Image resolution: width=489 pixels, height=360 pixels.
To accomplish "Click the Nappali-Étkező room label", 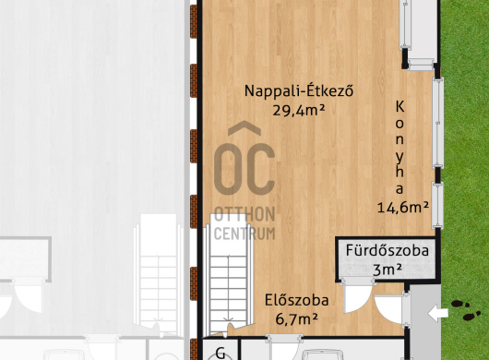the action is [x=299, y=90].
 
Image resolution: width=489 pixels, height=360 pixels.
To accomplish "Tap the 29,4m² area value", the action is [x=299, y=110].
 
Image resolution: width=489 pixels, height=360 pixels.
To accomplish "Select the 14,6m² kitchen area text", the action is [x=403, y=207].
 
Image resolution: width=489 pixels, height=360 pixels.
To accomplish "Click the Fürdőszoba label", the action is [x=387, y=250].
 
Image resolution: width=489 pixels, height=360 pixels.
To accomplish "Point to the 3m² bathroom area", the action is [x=387, y=270].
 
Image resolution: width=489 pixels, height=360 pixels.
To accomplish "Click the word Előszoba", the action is [x=296, y=300].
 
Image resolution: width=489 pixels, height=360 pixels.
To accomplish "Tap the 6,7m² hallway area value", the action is [x=296, y=318].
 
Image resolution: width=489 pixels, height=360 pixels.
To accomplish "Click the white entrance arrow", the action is [x=438, y=313].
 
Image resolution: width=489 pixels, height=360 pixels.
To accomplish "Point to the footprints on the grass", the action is [x=466, y=310].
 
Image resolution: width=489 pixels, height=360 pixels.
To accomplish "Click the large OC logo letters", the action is [x=244, y=169].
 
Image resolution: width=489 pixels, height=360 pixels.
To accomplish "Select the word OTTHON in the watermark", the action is [x=244, y=215].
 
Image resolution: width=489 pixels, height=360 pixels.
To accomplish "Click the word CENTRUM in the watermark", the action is [x=244, y=234].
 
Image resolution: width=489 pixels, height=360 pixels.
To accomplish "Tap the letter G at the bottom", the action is [x=221, y=354].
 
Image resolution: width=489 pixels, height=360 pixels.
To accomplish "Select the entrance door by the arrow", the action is [x=406, y=309].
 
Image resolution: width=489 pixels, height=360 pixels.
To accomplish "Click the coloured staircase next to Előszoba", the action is [x=228, y=275].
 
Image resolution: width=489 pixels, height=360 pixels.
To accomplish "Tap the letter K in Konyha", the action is [x=400, y=107].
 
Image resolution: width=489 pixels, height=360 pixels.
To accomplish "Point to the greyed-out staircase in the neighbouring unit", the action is [x=159, y=273].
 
